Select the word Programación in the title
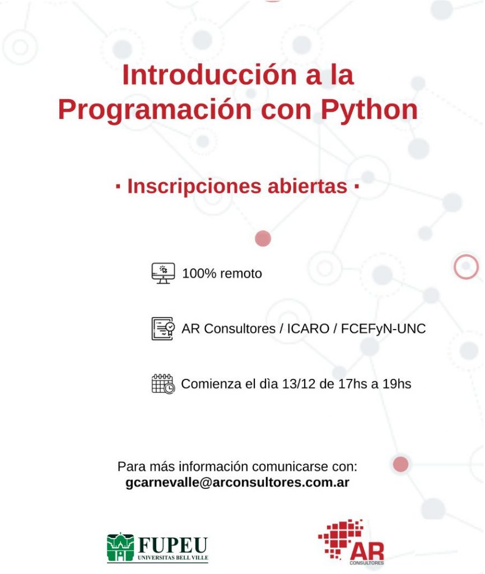155,110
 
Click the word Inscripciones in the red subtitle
199,187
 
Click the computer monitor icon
163,273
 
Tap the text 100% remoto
222,274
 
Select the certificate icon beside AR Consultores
163,328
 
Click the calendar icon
163,384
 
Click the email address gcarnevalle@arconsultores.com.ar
237,483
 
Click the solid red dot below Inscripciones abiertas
263,239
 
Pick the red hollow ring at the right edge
466,267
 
